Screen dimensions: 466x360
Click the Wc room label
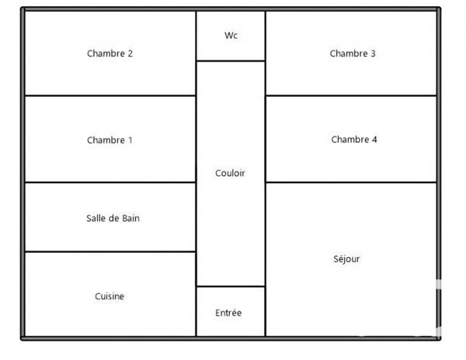tap(231, 36)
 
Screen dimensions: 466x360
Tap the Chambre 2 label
tap(110, 54)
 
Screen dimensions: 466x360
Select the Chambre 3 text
tap(353, 54)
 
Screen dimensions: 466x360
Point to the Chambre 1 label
tap(110, 140)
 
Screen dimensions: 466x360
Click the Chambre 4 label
tap(354, 140)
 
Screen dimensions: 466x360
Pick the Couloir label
tap(230, 173)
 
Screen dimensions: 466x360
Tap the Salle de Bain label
tap(113, 219)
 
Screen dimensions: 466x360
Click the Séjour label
tap(346, 259)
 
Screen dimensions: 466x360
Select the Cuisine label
tap(110, 296)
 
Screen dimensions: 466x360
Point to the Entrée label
tap(228, 313)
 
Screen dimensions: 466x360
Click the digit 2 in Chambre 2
tap(130, 54)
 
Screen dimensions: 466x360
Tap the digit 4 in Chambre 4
tap(374, 140)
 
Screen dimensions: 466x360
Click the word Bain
tap(130, 219)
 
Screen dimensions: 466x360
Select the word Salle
tap(96, 219)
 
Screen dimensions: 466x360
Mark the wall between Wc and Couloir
tap(231, 61)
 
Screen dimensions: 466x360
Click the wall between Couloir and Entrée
tap(231, 286)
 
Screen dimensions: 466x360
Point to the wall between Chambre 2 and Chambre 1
tap(110, 95)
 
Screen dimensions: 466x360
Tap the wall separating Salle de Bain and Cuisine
tap(110, 251)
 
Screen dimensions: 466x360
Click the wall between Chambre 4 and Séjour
tap(351, 182)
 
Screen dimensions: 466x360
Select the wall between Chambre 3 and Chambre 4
tap(351, 95)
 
